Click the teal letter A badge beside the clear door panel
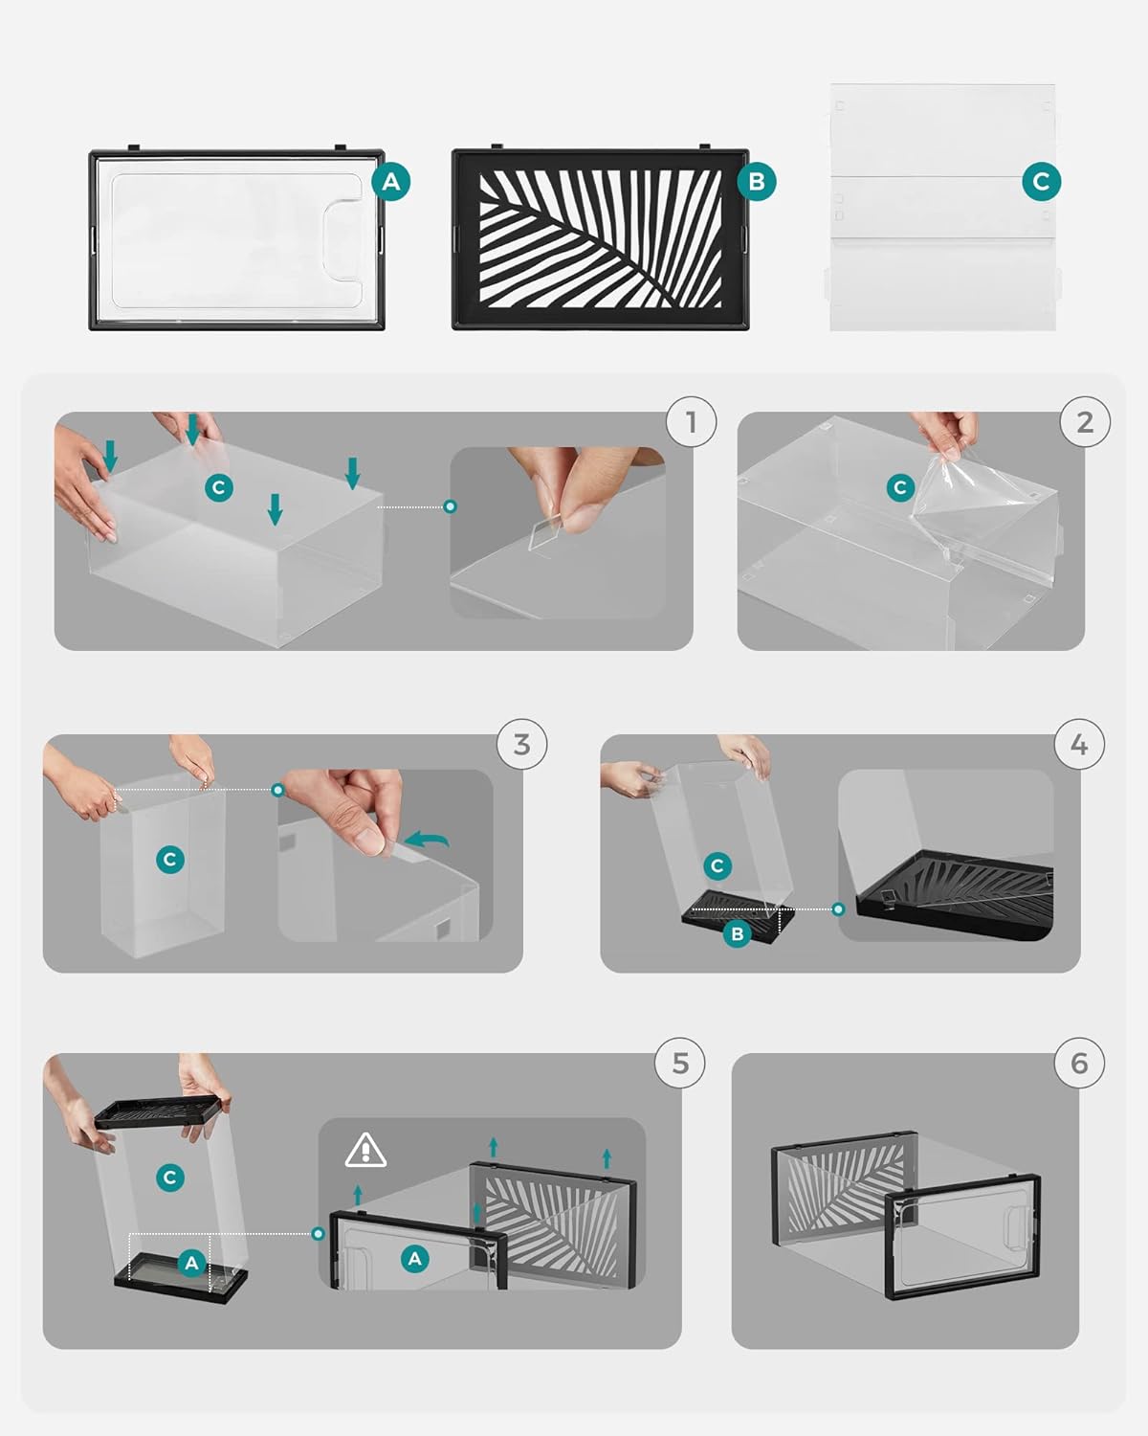pos(391,182)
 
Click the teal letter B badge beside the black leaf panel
pos(757,182)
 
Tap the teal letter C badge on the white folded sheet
pos(1041,182)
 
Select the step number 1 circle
pos(691,422)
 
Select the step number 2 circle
pos(1085,422)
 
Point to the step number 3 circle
pos(521,744)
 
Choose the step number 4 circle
pos(1079,744)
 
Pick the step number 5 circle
pos(680,1063)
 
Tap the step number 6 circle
pos(1079,1063)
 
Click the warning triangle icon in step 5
pos(365,1151)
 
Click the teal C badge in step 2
pos(900,488)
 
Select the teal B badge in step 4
pos(737,933)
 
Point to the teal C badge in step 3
pos(170,860)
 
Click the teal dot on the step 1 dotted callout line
pos(451,506)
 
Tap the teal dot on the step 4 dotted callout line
pos(838,909)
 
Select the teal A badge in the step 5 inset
pos(415,1259)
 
